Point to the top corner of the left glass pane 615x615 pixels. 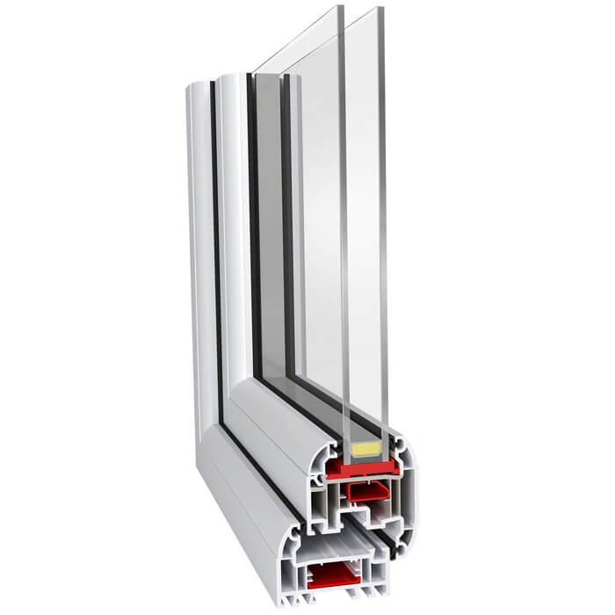tap(339, 8)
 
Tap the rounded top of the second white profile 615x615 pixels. tap(233, 76)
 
